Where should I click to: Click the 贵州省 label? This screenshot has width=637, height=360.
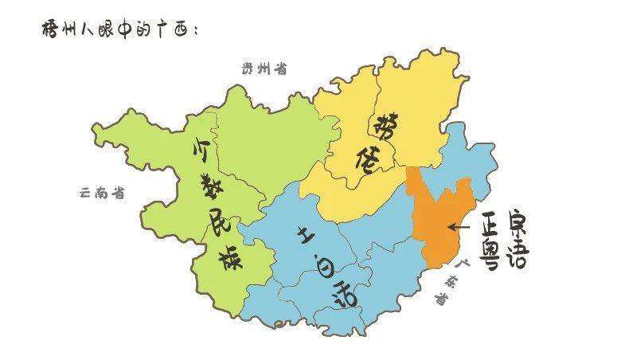pyautogui.click(x=264, y=68)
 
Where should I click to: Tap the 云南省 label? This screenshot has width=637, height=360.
pyautogui.click(x=103, y=192)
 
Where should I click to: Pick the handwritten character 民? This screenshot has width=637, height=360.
pyautogui.click(x=213, y=225)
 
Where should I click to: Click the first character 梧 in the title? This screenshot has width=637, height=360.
pyautogui.click(x=49, y=29)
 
